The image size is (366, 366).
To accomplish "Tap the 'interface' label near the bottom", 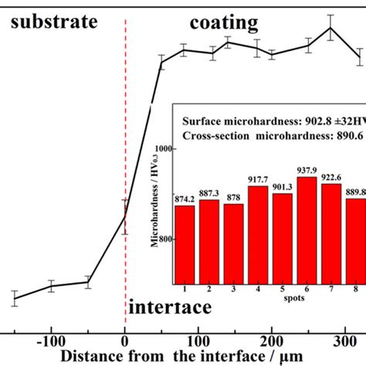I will [x=169, y=308].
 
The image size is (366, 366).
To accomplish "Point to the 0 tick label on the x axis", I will [x=125, y=341].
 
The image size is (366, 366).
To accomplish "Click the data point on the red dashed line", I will [x=125, y=216].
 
